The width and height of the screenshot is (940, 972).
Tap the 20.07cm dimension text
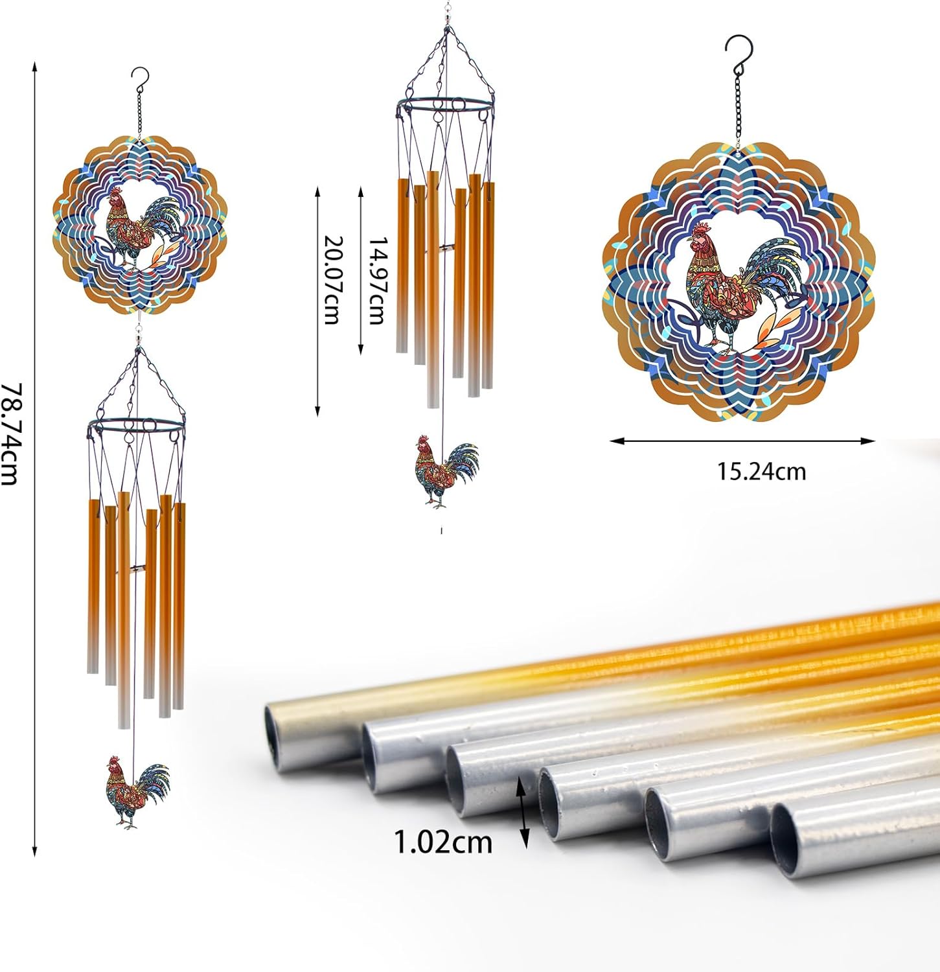tap(332, 279)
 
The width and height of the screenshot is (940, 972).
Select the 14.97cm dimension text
tap(377, 279)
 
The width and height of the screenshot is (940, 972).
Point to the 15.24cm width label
tap(761, 471)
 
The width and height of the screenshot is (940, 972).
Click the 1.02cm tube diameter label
tap(443, 842)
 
